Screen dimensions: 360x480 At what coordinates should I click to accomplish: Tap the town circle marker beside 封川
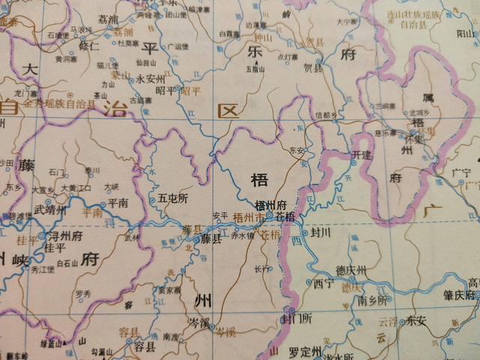pyautogui.click(x=307, y=232)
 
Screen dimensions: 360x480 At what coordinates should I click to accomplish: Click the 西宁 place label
pyautogui.click(x=324, y=283)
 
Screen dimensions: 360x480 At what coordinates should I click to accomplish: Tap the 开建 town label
pyautogui.click(x=361, y=154)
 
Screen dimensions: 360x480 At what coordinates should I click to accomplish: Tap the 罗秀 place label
pyautogui.click(x=82, y=293)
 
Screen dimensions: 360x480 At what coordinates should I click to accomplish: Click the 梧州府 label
pyautogui.click(x=271, y=205)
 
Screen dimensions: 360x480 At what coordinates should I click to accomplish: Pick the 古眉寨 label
pyautogui.click(x=139, y=99)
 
